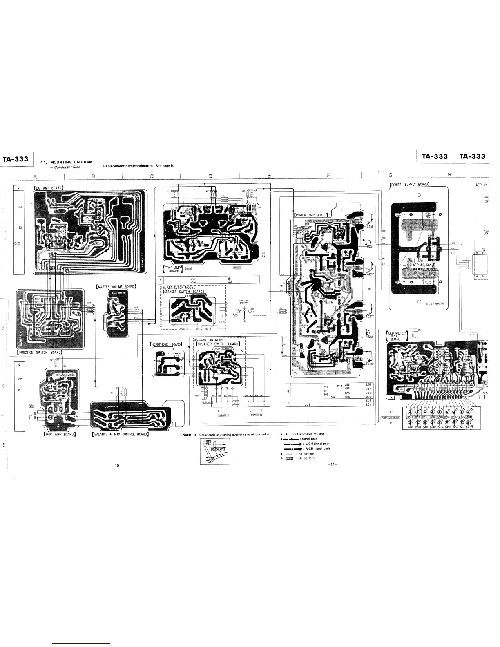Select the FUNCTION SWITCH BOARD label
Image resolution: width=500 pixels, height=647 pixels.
coord(40,352)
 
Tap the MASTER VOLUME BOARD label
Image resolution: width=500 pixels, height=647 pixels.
coord(116,286)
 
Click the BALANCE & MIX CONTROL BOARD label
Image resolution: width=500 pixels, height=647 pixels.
coord(120,434)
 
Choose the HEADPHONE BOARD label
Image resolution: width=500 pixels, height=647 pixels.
coord(166,344)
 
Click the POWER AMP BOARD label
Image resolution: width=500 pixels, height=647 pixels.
coord(312,215)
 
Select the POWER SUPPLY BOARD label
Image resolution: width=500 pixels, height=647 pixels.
coord(409,184)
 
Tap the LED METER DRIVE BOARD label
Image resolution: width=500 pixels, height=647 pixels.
coord(397,336)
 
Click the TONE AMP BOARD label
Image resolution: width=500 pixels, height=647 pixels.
coord(172,269)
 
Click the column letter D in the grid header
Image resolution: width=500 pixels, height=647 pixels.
coord(211,176)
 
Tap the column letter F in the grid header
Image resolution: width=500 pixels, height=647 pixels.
coord(329,176)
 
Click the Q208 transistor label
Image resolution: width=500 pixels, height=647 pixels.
coord(370,363)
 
